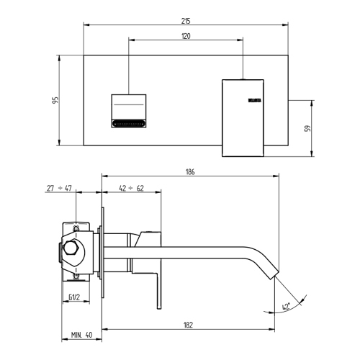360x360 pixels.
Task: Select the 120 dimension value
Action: point(186,35)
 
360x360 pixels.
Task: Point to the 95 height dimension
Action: point(55,100)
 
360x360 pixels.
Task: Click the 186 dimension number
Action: point(190,172)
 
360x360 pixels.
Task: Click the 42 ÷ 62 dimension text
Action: point(131,188)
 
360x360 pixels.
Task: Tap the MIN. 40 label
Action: point(81,335)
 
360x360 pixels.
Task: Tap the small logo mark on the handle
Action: point(254,100)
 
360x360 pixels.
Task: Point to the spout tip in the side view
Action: point(272,276)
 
